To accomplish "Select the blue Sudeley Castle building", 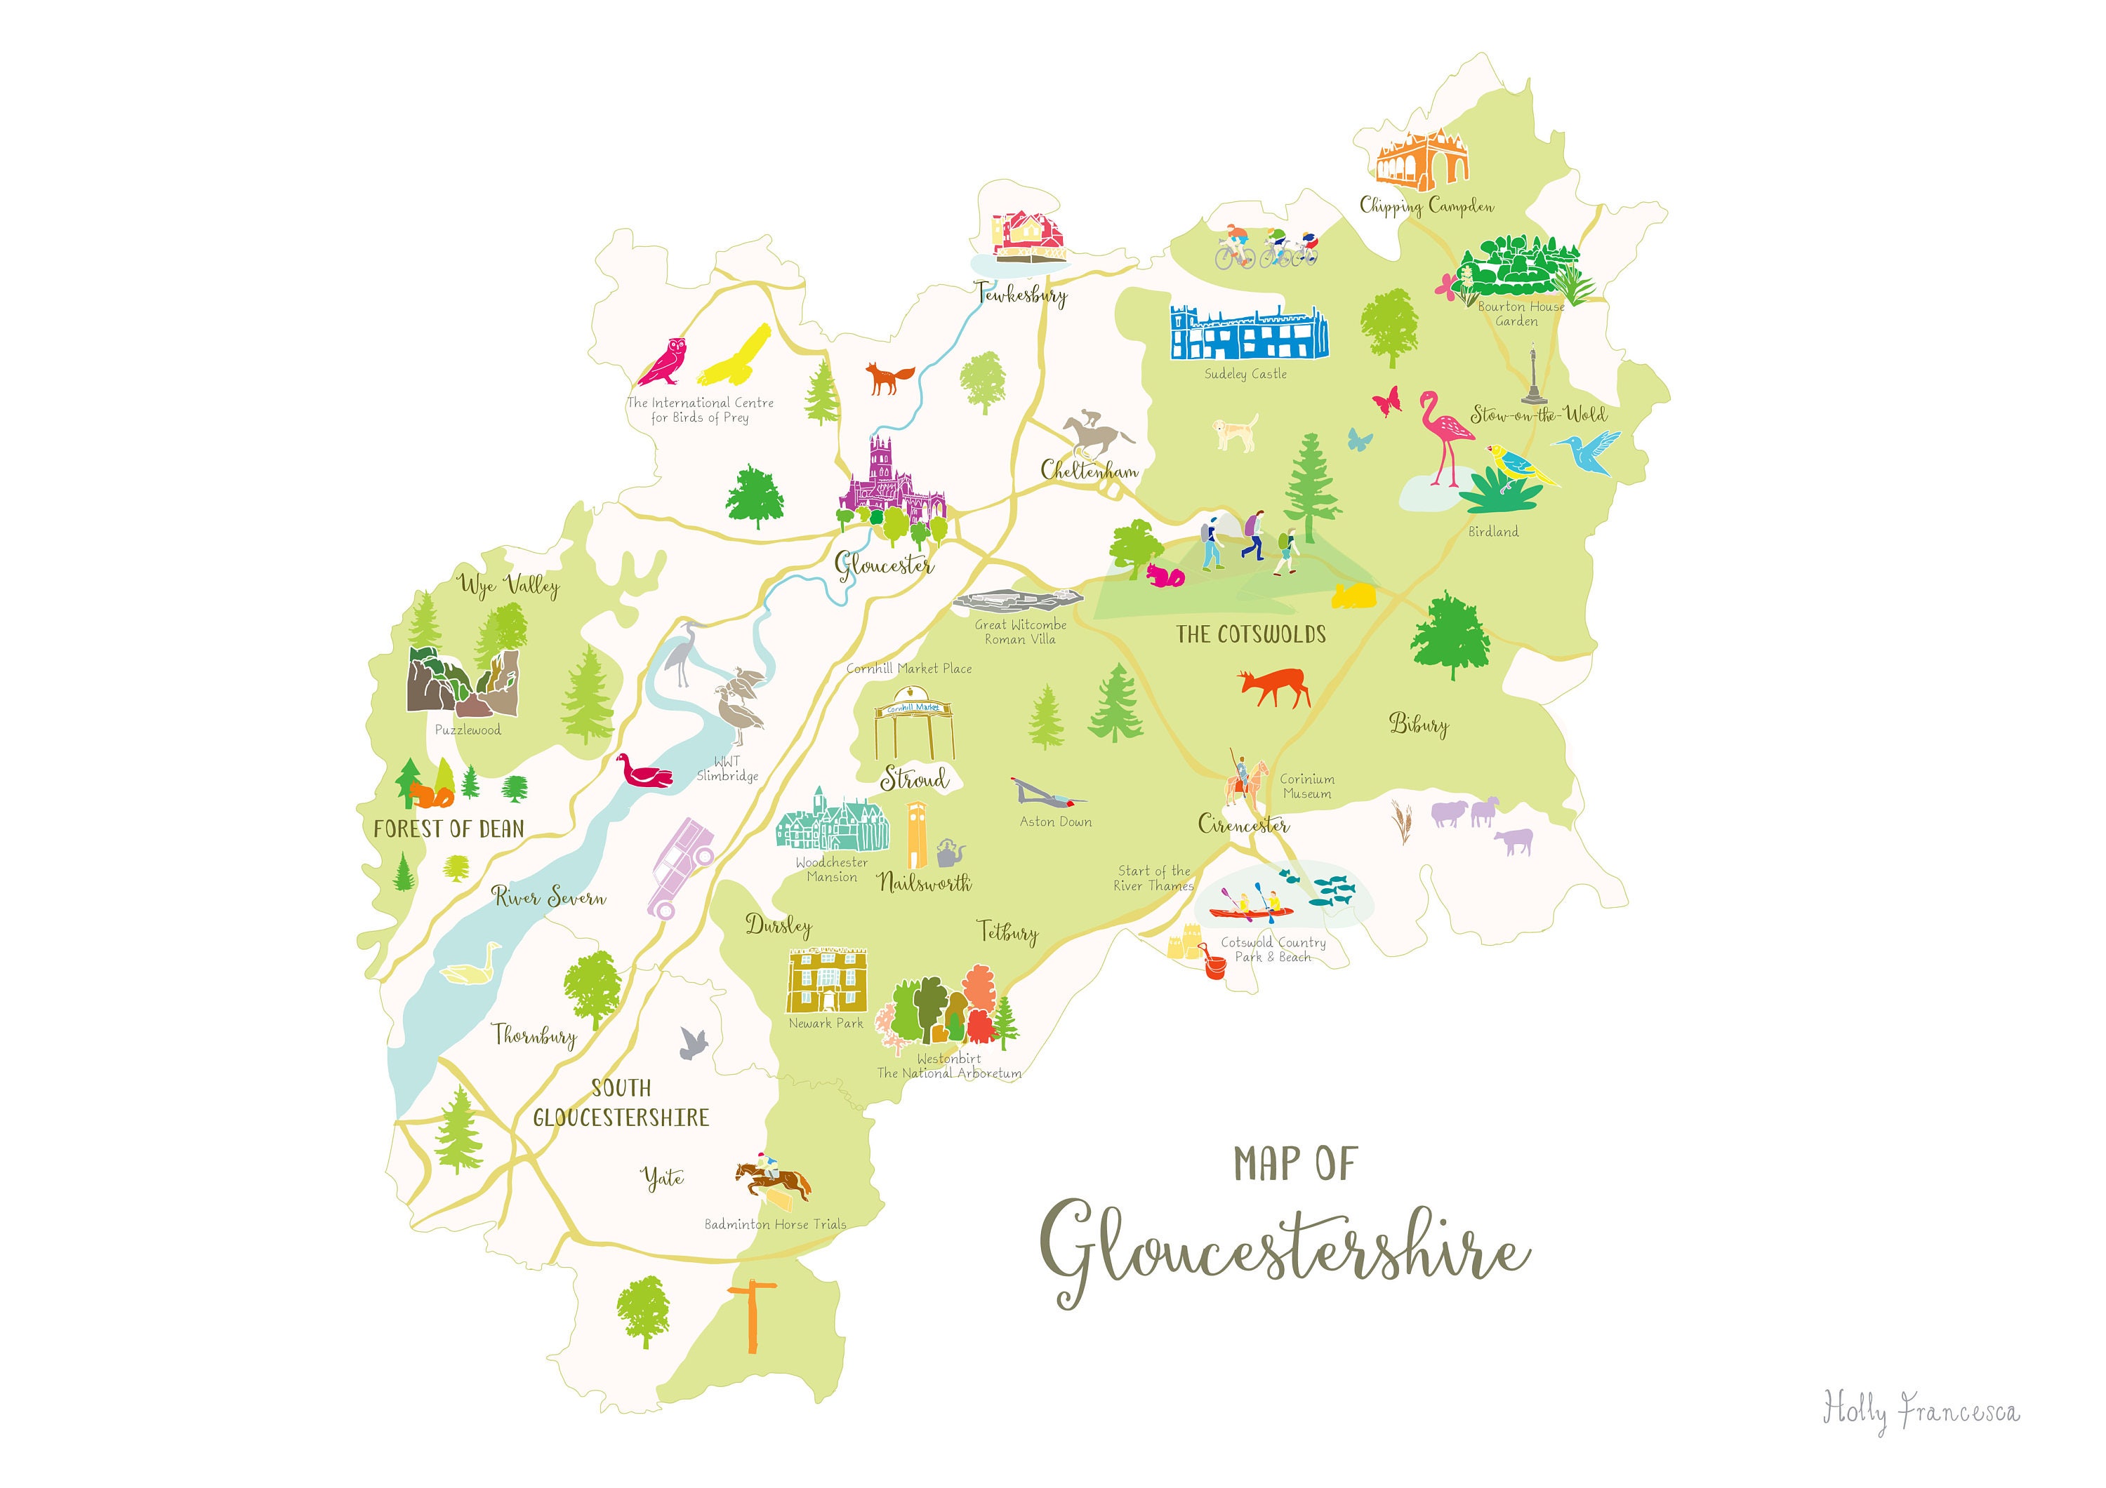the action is point(1248,333).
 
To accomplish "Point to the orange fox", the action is point(889,377).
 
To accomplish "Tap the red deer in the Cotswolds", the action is point(1273,687).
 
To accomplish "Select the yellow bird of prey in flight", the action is point(736,356).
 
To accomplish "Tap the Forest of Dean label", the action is point(449,829).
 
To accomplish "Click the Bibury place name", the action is point(1418,724).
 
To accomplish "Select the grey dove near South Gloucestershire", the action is point(694,1043).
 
